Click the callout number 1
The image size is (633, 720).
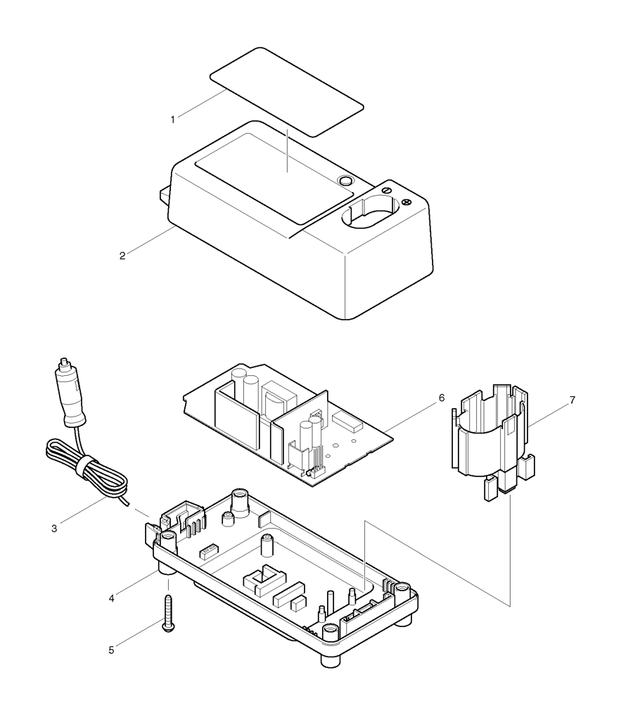point(172,119)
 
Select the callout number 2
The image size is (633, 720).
point(122,255)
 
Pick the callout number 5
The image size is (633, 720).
point(110,650)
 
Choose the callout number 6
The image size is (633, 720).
point(441,398)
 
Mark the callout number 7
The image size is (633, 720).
point(572,400)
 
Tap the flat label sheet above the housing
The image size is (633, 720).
point(286,91)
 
